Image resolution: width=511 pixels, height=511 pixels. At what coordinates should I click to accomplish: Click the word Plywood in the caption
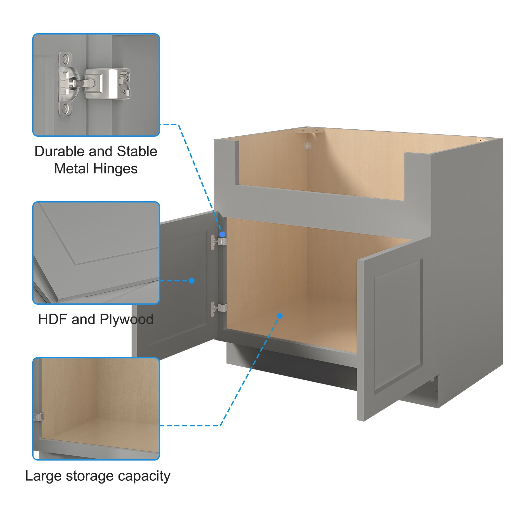point(126,319)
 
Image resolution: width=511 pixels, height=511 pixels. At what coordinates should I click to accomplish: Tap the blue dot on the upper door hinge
point(222,235)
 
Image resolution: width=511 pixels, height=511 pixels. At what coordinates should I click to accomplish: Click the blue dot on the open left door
point(192,281)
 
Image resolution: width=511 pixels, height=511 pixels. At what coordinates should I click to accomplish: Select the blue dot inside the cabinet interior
point(280,316)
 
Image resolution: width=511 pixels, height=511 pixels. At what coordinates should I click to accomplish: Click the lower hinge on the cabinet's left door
point(219,308)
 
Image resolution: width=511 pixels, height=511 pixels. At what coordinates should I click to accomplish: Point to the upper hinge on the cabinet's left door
point(219,240)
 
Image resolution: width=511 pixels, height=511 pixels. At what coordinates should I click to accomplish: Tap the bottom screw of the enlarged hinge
point(65,109)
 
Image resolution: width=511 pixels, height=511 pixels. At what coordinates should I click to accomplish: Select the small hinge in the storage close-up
point(38,416)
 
